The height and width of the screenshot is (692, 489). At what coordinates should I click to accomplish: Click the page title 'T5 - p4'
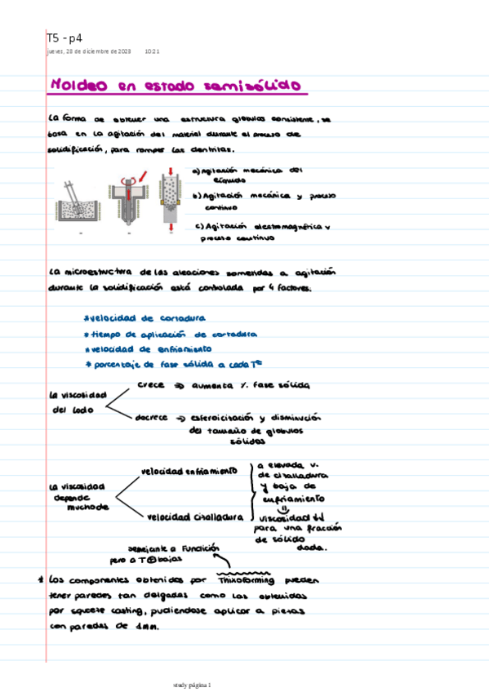pos(64,37)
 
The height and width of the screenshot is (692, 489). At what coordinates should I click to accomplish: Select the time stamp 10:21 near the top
pos(152,51)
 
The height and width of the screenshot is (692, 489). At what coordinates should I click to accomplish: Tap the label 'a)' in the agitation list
pos(196,171)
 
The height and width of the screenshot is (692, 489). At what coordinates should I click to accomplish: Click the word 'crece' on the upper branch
pos(151,384)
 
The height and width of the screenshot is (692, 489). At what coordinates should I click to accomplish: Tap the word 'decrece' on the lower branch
pos(152,417)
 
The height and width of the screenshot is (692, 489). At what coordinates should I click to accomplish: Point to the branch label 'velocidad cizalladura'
pos(195,517)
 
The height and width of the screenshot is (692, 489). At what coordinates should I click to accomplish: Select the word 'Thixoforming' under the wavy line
pos(251,580)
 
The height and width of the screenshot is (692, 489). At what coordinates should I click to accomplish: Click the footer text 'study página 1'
pos(192,684)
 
